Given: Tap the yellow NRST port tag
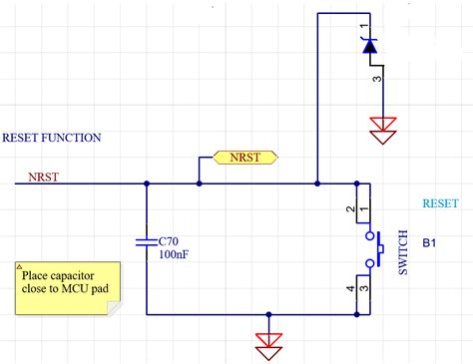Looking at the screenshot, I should coord(245,159).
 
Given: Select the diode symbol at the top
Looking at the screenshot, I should coord(369,44).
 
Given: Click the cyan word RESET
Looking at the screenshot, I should coord(440,201).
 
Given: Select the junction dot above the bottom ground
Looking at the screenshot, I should coord(268,314).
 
